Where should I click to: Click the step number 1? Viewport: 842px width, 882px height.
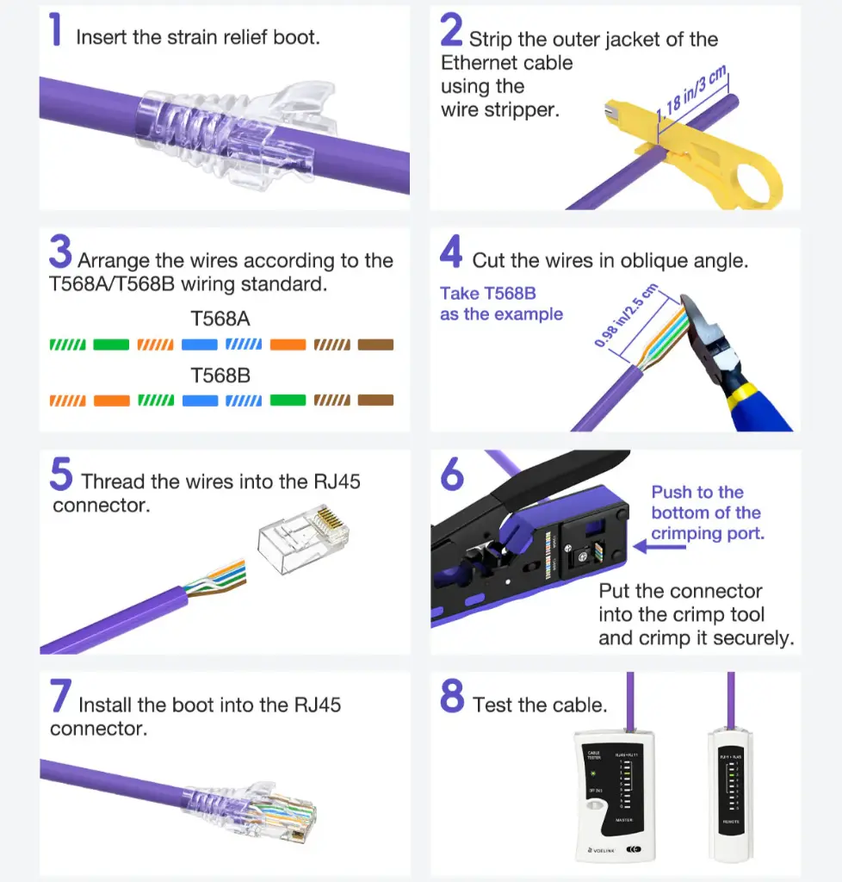tap(56, 31)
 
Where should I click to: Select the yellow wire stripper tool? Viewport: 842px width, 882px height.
tap(706, 156)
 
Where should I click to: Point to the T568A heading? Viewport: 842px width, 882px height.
tap(220, 319)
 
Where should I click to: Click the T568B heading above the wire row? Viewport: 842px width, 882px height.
tap(220, 376)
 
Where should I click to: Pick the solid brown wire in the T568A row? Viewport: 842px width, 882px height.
tap(375, 345)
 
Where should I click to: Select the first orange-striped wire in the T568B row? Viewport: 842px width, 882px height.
tap(68, 401)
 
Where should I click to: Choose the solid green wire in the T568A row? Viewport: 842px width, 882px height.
tap(111, 345)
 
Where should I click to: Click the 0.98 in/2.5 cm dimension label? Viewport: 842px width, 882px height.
tap(625, 316)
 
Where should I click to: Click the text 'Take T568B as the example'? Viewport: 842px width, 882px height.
tap(500, 304)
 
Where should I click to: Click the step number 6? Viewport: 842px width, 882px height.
tap(452, 475)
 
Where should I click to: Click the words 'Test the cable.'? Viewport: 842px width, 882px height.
tap(540, 705)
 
